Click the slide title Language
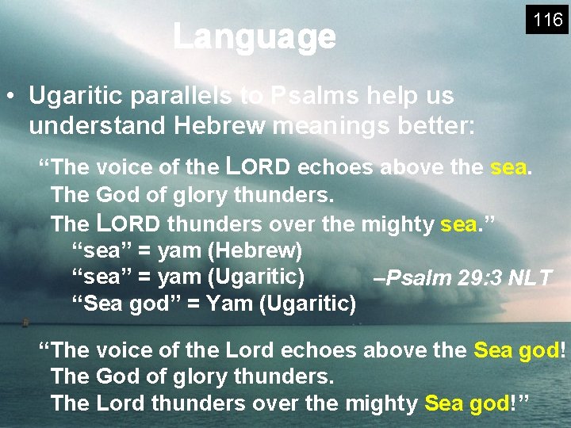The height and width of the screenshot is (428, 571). (254, 36)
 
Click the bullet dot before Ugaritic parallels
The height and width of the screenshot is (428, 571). (10, 97)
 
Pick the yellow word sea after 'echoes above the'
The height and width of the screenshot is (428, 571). (508, 167)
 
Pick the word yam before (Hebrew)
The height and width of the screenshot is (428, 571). (179, 251)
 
